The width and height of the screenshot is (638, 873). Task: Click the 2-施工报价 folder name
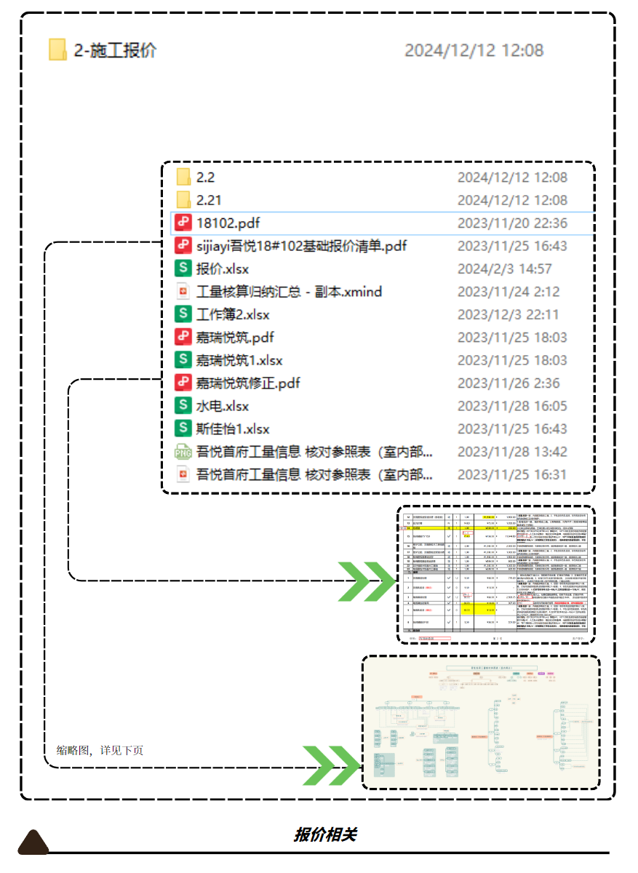click(x=115, y=50)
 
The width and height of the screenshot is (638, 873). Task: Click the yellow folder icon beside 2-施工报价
click(x=58, y=49)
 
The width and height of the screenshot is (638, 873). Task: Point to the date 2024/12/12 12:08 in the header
click(x=474, y=50)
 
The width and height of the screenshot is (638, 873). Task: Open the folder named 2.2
click(x=206, y=178)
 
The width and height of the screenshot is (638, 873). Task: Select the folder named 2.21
click(x=209, y=200)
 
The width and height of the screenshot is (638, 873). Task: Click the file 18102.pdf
click(x=228, y=223)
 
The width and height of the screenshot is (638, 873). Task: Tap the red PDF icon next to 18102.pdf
click(x=183, y=223)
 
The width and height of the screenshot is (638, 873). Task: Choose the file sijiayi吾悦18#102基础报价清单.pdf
click(x=301, y=246)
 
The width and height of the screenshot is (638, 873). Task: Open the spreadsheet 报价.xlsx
click(x=223, y=269)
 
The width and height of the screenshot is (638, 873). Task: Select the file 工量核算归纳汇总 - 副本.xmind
click(x=289, y=292)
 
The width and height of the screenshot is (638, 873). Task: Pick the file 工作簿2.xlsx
click(x=233, y=315)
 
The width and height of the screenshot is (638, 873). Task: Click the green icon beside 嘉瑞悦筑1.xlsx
click(x=183, y=360)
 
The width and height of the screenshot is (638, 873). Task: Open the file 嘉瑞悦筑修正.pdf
click(x=248, y=383)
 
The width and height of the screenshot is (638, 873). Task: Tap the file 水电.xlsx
click(x=223, y=406)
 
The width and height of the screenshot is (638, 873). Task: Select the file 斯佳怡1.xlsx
click(x=233, y=428)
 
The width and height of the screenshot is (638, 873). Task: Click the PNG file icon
click(x=183, y=452)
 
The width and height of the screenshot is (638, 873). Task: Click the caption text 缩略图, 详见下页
click(x=100, y=750)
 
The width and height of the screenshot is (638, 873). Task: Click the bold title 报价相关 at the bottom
click(x=324, y=834)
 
